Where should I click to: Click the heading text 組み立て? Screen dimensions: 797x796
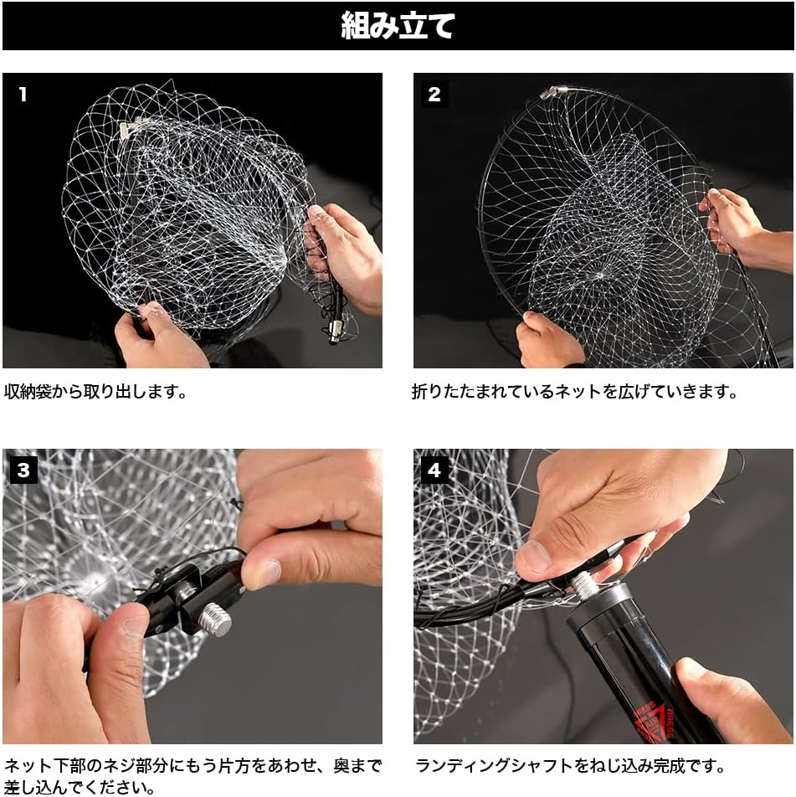click(398, 26)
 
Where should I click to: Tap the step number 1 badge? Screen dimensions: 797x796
click(23, 95)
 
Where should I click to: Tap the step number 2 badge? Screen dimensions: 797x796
click(434, 95)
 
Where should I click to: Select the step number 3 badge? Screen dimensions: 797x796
click(23, 470)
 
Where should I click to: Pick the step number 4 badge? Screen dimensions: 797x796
click(434, 470)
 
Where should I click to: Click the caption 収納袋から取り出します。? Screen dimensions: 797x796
click(95, 391)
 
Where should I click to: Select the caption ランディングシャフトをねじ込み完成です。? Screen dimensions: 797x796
click(570, 765)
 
